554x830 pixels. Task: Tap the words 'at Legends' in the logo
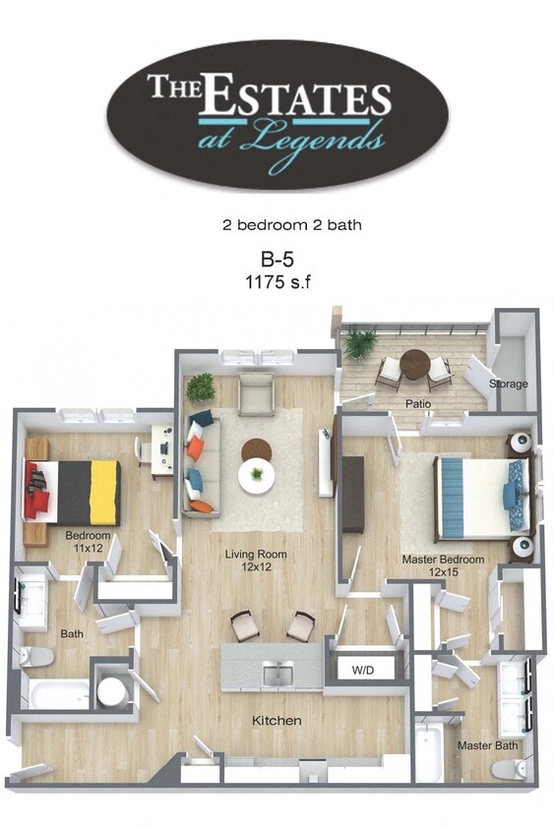(290, 139)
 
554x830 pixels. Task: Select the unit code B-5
(277, 260)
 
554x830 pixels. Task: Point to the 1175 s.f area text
(277, 281)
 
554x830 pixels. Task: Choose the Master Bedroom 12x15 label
(443, 565)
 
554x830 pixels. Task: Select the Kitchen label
(277, 721)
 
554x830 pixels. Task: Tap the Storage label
(509, 384)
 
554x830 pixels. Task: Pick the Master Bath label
(487, 745)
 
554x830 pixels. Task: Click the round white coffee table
(257, 476)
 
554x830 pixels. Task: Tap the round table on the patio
(415, 363)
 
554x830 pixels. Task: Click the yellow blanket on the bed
(104, 492)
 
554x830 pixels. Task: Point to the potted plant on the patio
(360, 343)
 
